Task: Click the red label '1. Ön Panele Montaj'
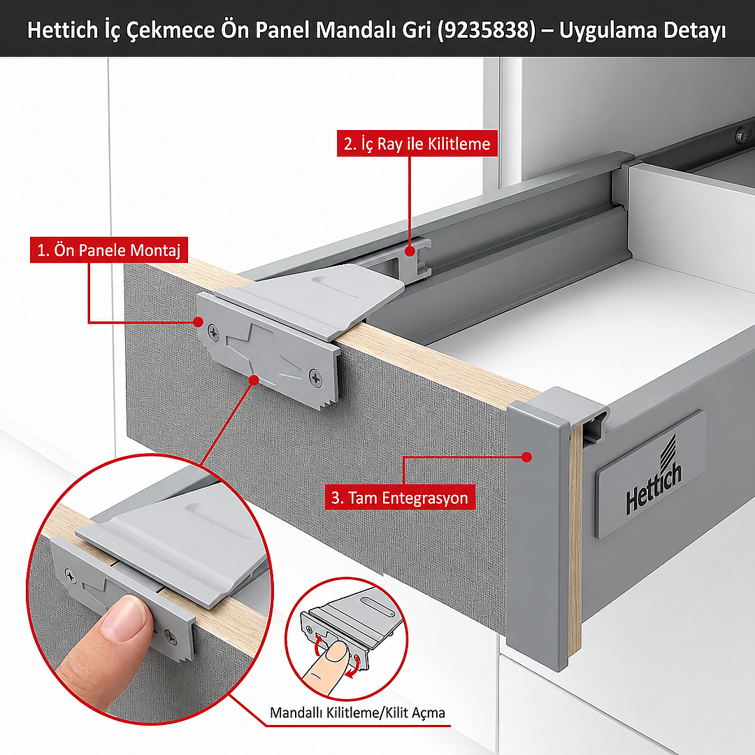[108, 250]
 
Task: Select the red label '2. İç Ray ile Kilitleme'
[417, 143]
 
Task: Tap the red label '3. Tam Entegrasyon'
[399, 498]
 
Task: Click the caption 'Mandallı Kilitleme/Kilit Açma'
[357, 712]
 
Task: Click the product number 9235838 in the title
[487, 30]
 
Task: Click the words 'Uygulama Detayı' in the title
[642, 30]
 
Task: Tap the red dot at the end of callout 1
[199, 322]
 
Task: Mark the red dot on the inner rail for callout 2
[409, 251]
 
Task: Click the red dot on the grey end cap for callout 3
[527, 457]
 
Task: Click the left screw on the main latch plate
[214, 331]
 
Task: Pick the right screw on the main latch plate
[316, 377]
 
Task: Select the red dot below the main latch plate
[254, 380]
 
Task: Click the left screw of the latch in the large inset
[70, 574]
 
